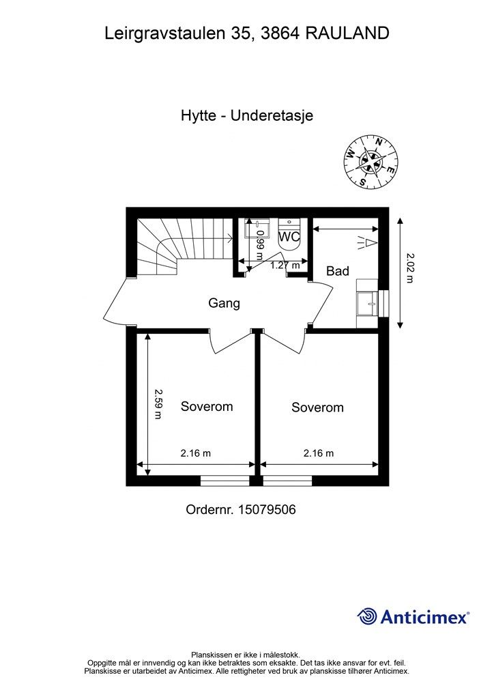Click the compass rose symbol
click(370, 161)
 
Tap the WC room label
click(290, 237)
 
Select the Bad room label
click(337, 271)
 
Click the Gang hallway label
click(224, 303)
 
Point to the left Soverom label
click(206, 407)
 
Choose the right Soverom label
click(317, 408)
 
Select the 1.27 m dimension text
click(285, 266)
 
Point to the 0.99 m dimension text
click(260, 246)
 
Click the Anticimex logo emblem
click(367, 616)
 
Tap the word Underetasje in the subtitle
click(272, 115)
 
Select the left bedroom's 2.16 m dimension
click(195, 453)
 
